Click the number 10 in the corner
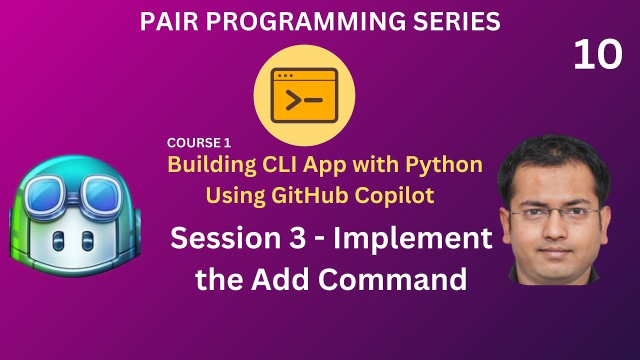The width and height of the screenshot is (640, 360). pyautogui.click(x=597, y=55)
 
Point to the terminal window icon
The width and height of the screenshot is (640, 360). pyautogui.click(x=304, y=96)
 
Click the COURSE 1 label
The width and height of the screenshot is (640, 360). pyautogui.click(x=199, y=143)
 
